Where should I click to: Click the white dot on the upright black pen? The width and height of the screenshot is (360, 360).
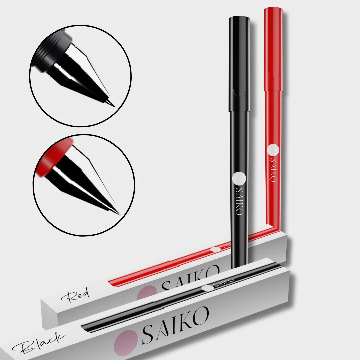coord(239,179)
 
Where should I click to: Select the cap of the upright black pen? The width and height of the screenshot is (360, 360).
coord(239,63)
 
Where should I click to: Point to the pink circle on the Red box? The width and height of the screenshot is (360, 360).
coord(147,293)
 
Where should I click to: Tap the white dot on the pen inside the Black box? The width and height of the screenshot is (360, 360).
coord(208,288)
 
